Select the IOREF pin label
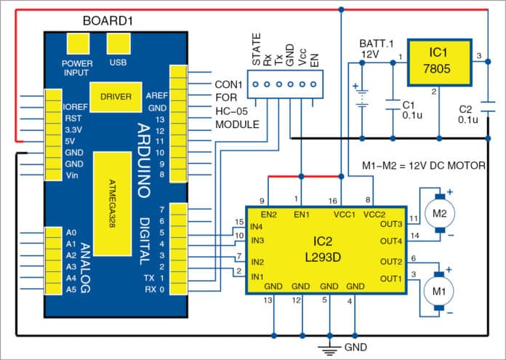point(75,105)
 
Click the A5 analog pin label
point(71,289)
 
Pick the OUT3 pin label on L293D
point(391,223)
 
